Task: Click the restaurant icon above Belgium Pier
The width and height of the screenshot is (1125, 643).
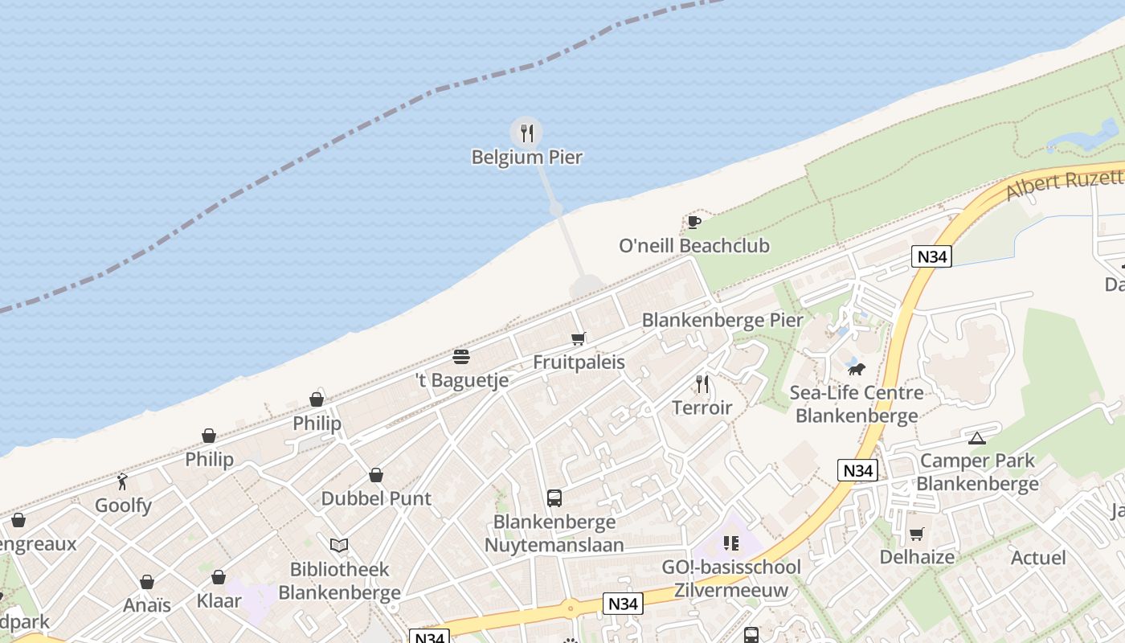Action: (526, 133)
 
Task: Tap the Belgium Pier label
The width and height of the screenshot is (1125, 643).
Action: (526, 157)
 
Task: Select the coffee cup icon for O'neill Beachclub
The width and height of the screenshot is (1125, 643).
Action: (694, 222)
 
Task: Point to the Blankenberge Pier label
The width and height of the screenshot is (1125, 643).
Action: (722, 320)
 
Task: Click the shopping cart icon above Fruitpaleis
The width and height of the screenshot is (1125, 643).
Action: (579, 339)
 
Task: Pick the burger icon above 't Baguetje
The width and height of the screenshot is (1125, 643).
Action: (461, 356)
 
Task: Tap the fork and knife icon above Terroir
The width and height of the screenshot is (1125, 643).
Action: (702, 384)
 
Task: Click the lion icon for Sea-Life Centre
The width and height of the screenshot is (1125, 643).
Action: (857, 369)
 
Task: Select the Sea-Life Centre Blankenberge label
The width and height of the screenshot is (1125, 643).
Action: (857, 404)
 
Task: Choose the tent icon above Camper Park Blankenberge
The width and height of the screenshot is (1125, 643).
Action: (976, 438)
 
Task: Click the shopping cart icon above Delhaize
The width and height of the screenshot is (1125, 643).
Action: (916, 534)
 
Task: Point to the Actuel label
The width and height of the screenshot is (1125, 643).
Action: (1038, 558)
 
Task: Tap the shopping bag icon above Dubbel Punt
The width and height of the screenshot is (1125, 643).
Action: (376, 475)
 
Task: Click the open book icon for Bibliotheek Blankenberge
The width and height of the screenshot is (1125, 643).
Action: (339, 546)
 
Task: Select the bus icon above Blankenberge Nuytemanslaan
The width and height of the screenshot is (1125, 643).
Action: (554, 498)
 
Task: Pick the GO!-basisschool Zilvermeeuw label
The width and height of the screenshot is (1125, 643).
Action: (730, 579)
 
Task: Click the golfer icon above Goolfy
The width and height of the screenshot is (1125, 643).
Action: (122, 482)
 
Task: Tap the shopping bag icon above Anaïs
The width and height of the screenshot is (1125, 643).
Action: (147, 582)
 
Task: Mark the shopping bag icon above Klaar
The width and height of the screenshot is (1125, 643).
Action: (219, 577)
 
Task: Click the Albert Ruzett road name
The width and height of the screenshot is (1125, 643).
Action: (1065, 184)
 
